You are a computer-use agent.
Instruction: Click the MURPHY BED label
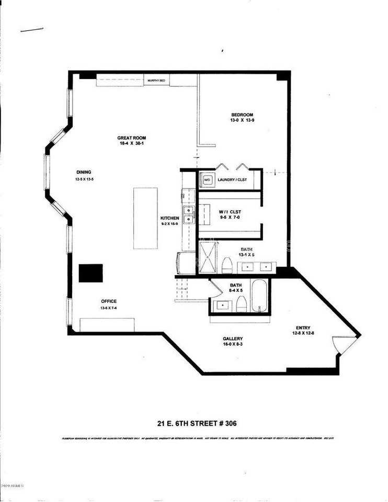[x=156, y=81]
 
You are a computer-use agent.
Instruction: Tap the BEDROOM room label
[x=242, y=115]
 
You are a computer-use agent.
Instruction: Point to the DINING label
[x=84, y=172]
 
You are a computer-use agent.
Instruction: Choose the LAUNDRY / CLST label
[x=232, y=180]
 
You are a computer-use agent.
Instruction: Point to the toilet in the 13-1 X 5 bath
[x=227, y=265]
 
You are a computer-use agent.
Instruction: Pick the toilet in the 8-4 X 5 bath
[x=241, y=304]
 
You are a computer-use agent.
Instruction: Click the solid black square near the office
[x=90, y=273]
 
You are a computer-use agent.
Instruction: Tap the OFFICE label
[x=109, y=301]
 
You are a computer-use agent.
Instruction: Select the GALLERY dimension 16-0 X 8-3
[x=232, y=345]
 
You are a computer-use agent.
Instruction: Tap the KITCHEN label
[x=170, y=218]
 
